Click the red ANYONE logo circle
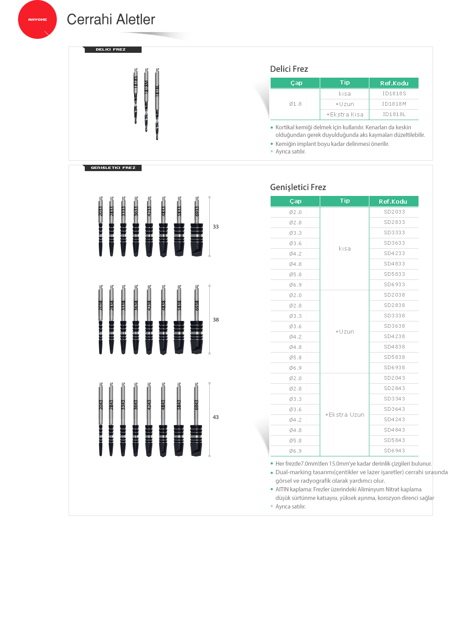pos(37,19)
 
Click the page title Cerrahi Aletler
pos(111,19)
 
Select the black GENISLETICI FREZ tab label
pos(113,167)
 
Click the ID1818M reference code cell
pos(394,104)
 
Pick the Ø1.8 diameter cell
pos(295,104)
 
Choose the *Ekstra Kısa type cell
pos(345,114)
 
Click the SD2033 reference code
pos(394,212)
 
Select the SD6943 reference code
pos(394,451)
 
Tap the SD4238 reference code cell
pos(394,336)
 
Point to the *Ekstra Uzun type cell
pos(345,414)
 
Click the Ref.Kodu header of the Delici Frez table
pos(394,83)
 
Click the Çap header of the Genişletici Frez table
pos(295,201)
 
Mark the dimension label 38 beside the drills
pos(216,320)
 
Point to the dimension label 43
pos(216,417)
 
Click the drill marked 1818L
pos(157,104)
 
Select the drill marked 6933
pos(197,227)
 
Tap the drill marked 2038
pos(101,320)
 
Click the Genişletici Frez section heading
pos(298,187)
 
